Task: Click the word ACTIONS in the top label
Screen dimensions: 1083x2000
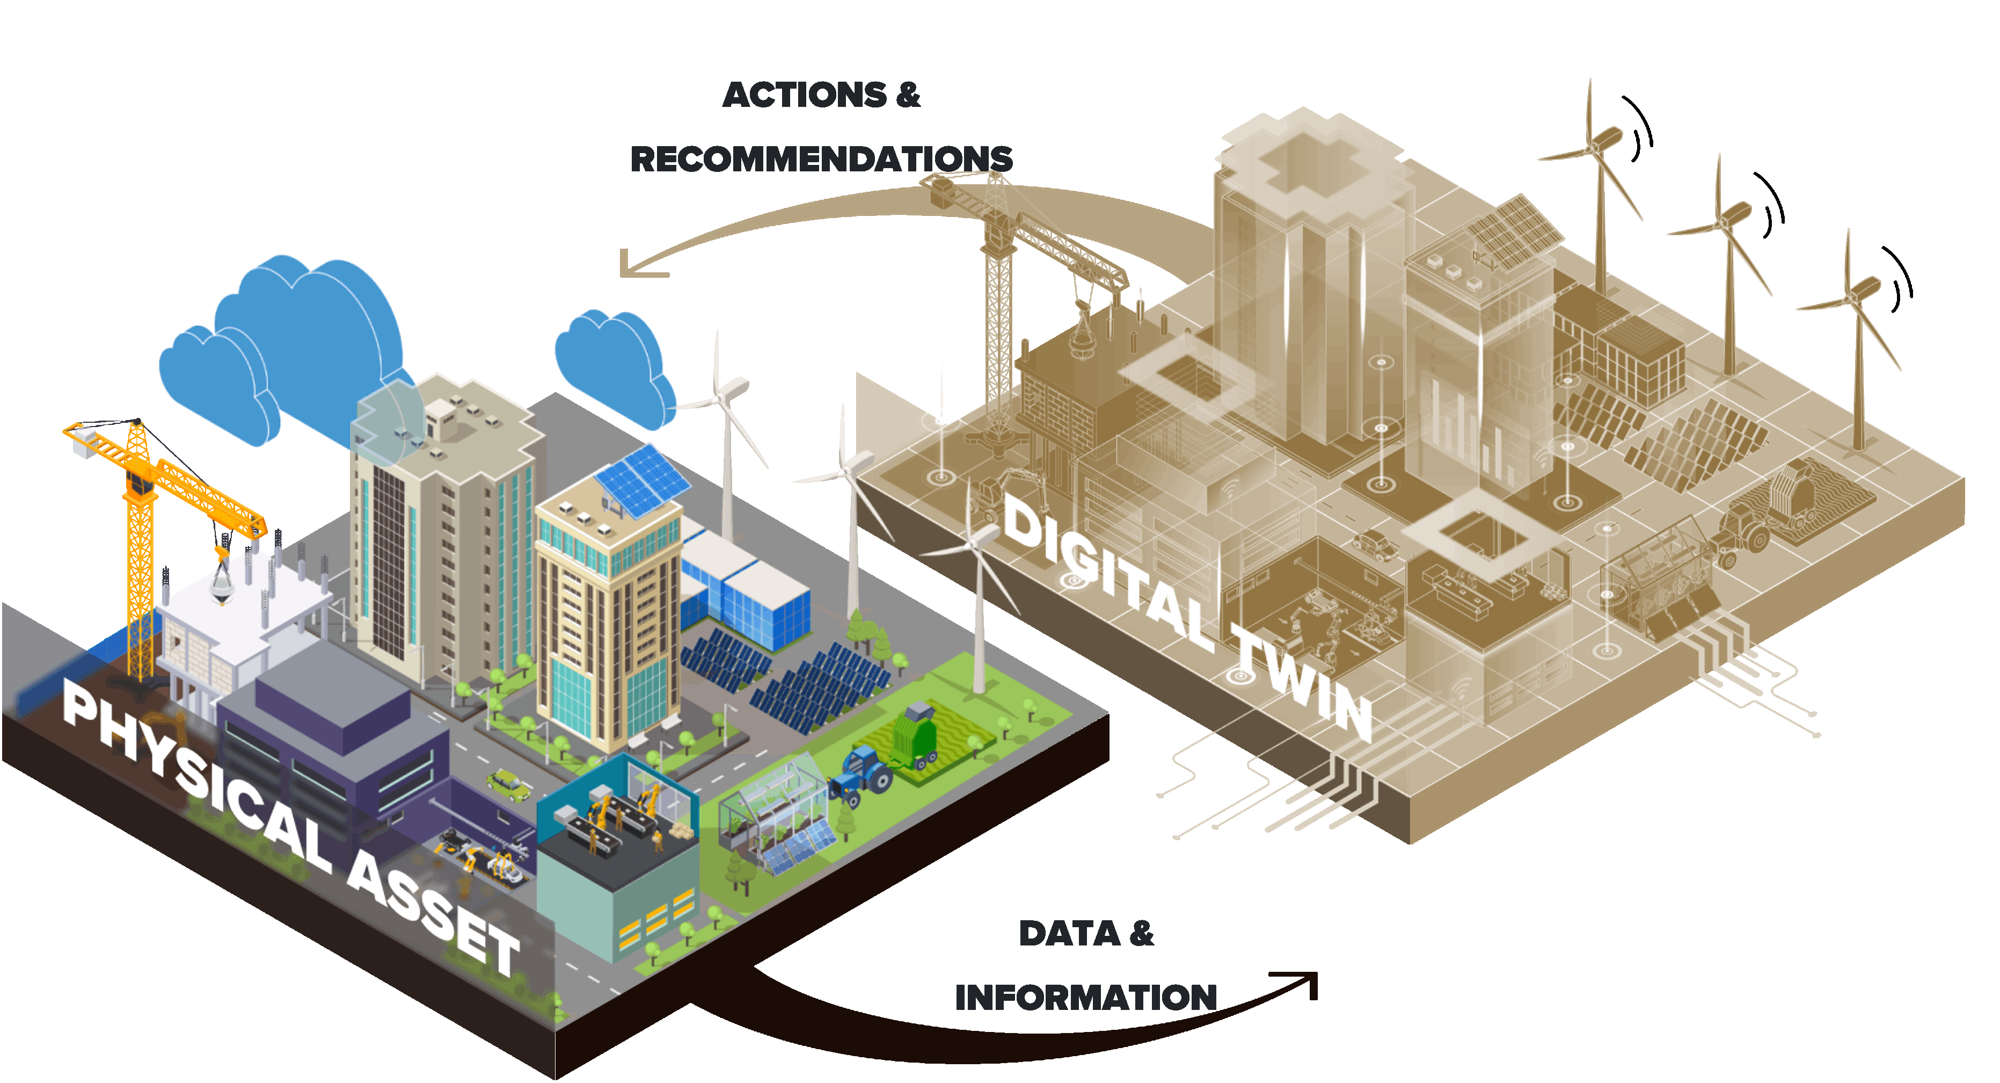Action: [804, 96]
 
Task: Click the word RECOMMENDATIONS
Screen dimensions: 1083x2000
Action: [821, 159]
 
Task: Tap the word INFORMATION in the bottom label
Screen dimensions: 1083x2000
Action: [1085, 998]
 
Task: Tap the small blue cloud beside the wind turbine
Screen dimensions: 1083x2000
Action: [614, 365]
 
